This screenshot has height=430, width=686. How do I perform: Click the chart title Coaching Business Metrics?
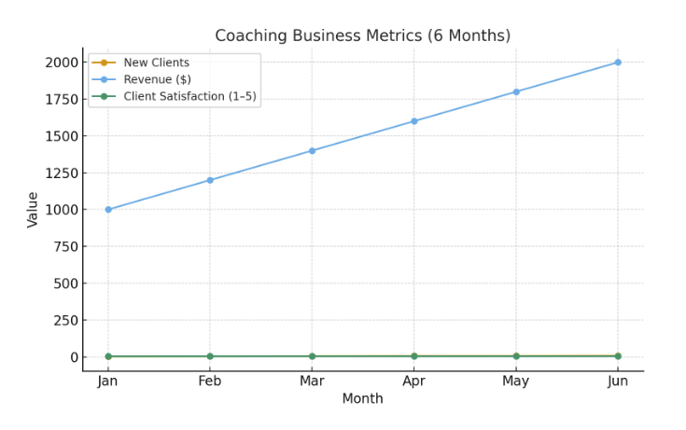pyautogui.click(x=362, y=36)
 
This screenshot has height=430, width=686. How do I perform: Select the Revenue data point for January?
pyautogui.click(x=108, y=210)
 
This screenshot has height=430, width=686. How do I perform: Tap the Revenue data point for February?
pyautogui.click(x=210, y=180)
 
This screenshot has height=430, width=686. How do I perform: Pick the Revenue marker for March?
pyautogui.click(x=312, y=151)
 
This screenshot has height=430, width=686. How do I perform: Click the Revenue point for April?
pyautogui.click(x=414, y=121)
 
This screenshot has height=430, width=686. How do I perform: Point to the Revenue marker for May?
pyautogui.click(x=516, y=91)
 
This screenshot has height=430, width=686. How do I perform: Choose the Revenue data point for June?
pyautogui.click(x=618, y=62)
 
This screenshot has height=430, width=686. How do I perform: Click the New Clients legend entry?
pyautogui.click(x=156, y=62)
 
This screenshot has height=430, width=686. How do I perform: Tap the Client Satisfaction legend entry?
pyautogui.click(x=189, y=96)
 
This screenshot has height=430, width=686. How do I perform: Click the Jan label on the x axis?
pyautogui.click(x=108, y=381)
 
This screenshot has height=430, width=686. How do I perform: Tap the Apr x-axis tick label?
pyautogui.click(x=414, y=381)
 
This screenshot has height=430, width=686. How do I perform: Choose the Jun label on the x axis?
pyautogui.click(x=618, y=381)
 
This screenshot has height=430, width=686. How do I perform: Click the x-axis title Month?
pyautogui.click(x=362, y=399)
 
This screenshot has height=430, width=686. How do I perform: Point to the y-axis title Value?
pyautogui.click(x=34, y=210)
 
